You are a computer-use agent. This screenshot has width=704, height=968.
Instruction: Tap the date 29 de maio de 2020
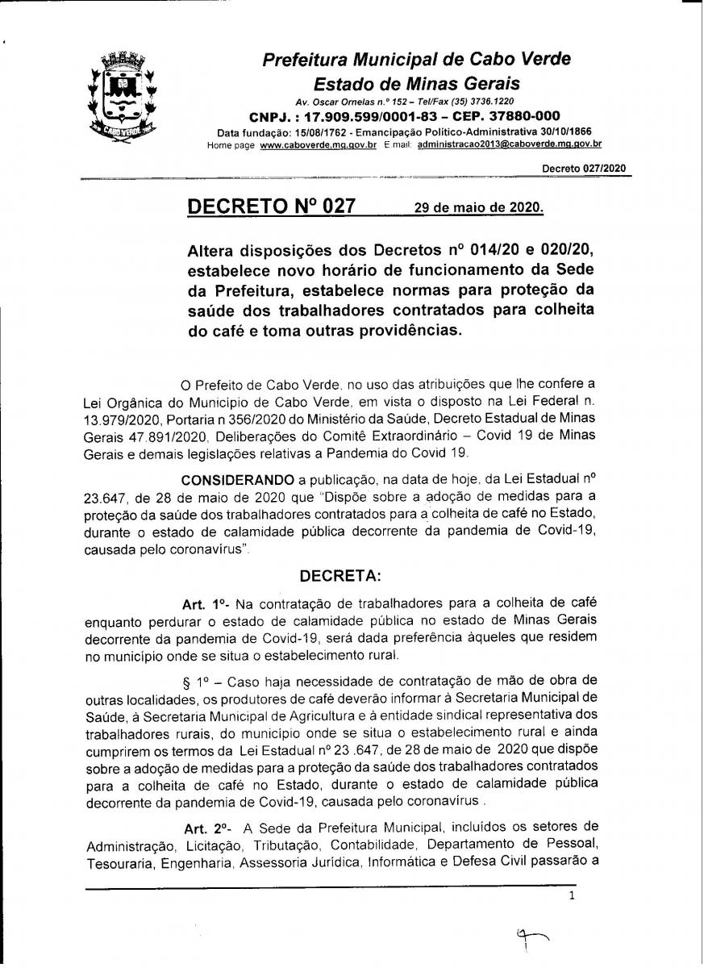478,207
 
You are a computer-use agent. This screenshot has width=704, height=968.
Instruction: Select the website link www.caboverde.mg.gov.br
319,144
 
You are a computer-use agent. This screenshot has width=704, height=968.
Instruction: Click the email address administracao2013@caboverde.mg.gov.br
510,144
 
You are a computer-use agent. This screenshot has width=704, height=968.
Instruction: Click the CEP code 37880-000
515,116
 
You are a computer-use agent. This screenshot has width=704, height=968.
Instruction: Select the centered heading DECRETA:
344,576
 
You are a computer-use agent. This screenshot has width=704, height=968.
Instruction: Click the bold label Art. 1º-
207,604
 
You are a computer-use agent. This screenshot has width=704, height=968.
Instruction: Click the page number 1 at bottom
572,895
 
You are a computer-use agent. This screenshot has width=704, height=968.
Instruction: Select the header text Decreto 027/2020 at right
583,169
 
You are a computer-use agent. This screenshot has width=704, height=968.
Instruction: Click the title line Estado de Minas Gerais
416,84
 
